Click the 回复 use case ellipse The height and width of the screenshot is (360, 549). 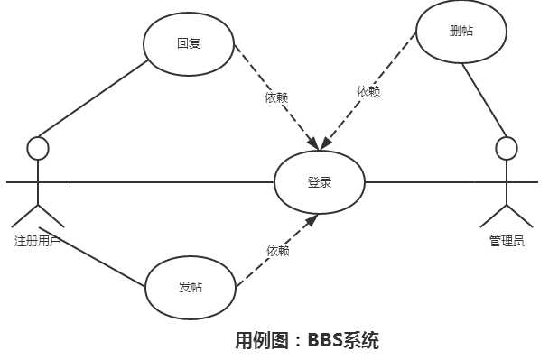click(x=190, y=43)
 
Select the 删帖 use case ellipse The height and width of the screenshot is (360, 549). click(x=461, y=32)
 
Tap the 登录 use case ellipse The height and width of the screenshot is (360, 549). click(x=320, y=182)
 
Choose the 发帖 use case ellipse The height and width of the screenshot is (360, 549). click(x=191, y=288)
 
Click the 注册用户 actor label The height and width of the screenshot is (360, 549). click(x=37, y=241)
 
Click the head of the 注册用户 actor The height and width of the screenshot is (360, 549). click(x=37, y=148)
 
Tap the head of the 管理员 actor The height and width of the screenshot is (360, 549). click(x=507, y=148)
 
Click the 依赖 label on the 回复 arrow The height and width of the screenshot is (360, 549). click(x=276, y=97)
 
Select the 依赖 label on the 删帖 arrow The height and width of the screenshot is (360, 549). click(x=368, y=91)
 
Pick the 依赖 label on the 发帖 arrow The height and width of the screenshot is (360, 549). click(x=278, y=251)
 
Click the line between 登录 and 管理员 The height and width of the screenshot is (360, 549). click(x=424, y=182)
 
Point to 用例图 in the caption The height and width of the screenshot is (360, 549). click(x=261, y=340)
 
